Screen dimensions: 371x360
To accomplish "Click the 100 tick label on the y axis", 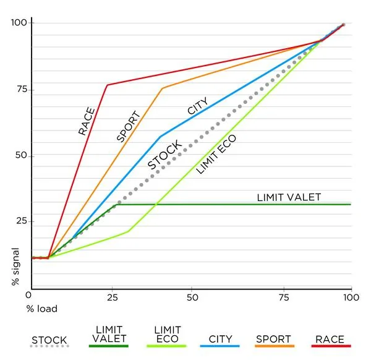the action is pyautogui.click(x=19, y=22).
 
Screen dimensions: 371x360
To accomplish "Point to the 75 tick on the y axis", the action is pyautogui.click(x=22, y=90).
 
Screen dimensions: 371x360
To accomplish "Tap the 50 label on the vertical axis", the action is pyautogui.click(x=21, y=155).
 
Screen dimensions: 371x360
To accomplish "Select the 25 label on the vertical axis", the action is pyautogui.click(x=22, y=221).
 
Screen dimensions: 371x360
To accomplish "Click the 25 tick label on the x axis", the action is pyautogui.click(x=113, y=298).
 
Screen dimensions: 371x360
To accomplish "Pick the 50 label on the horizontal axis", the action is pyautogui.click(x=192, y=298).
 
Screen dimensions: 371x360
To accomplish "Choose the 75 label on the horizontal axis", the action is pyautogui.click(x=284, y=298).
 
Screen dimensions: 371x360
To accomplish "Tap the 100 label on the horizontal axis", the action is pyautogui.click(x=351, y=298).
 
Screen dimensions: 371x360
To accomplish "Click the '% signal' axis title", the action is pyautogui.click(x=15, y=267).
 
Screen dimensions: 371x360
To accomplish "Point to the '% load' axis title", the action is pyautogui.click(x=42, y=309).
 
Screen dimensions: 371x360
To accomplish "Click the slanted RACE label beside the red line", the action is pyautogui.click(x=87, y=121).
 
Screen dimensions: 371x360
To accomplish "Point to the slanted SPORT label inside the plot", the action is pyautogui.click(x=129, y=126).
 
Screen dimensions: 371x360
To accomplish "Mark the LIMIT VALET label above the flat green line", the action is pyautogui.click(x=289, y=197).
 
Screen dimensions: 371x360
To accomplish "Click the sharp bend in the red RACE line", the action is pyautogui.click(x=107, y=85).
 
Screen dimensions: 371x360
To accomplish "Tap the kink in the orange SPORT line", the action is pyautogui.click(x=162, y=88).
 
